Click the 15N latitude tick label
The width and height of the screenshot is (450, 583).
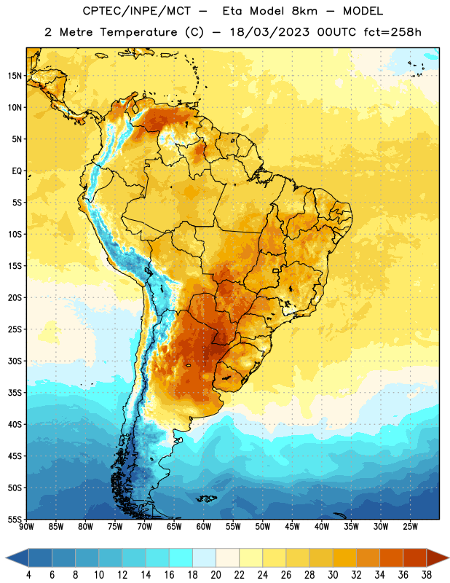15,76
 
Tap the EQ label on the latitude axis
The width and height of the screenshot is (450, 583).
17,171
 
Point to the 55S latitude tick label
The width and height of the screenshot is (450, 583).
15,519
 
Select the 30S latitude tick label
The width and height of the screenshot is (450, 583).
15,361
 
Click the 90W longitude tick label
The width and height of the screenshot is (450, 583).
26,527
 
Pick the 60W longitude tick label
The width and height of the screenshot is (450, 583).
204,527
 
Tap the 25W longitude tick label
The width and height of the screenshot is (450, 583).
410,527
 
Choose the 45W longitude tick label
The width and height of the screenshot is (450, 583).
292,527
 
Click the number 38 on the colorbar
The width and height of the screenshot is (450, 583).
427,575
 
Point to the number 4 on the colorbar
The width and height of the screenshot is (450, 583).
28,575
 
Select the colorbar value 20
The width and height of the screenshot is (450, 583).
216,575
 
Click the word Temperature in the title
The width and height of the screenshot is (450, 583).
139,32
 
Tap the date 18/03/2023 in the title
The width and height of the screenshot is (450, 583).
269,32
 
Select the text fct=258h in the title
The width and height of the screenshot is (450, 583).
392,32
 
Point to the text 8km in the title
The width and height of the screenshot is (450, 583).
304,11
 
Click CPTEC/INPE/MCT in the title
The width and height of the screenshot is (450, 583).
137,11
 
